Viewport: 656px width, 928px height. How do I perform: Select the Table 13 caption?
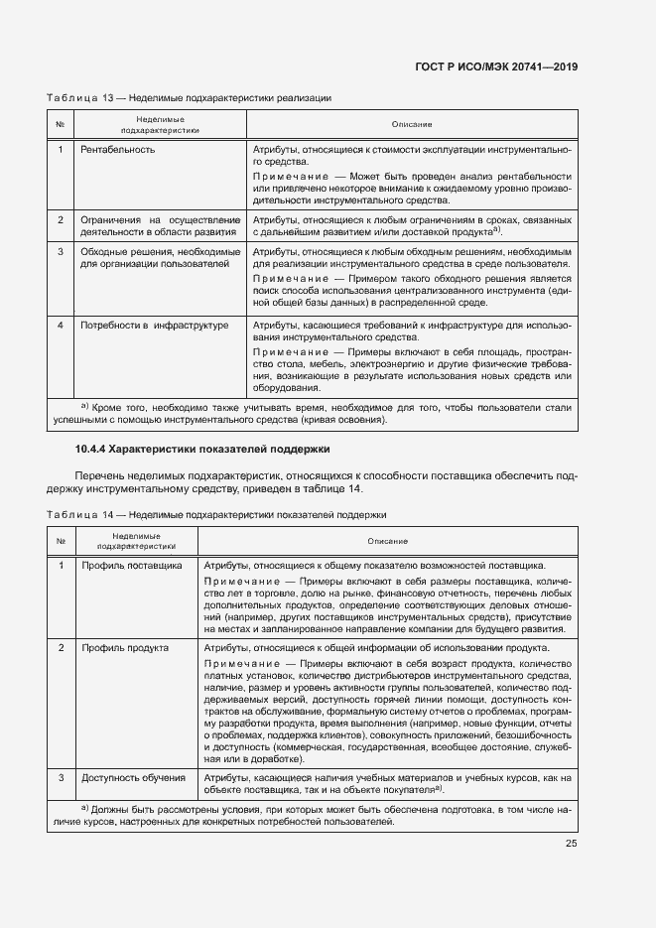(x=189, y=98)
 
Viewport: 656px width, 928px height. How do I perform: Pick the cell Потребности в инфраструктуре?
(x=155, y=325)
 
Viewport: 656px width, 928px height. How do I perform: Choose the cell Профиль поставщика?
(x=131, y=565)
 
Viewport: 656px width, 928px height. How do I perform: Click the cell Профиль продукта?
(x=125, y=647)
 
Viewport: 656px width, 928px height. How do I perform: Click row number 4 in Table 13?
(x=61, y=325)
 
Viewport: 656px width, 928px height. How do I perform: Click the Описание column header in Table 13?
(x=411, y=124)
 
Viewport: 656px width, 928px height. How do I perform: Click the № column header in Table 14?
(x=61, y=540)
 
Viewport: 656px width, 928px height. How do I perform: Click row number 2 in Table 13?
(x=61, y=219)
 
